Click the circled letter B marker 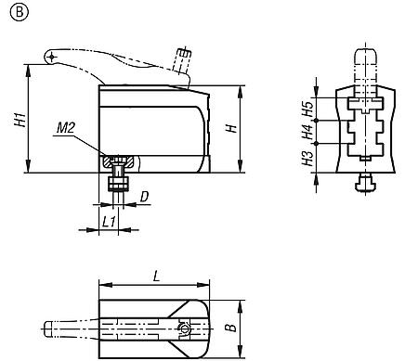coord(20,12)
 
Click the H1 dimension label coord(20,120)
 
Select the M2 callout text coord(66,128)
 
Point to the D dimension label coord(144,197)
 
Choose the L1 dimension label coord(109,222)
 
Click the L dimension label coord(157,277)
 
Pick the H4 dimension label coord(308,132)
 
